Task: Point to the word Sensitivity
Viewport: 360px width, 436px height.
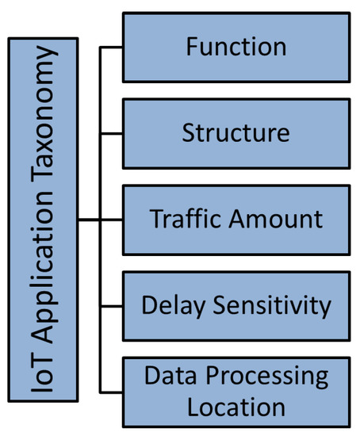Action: [268, 305]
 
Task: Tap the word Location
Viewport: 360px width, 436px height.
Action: [236, 407]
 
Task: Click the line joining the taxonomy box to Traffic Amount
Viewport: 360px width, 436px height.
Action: [95, 220]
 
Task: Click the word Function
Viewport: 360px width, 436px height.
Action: [236, 47]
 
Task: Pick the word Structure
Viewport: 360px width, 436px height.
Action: [236, 132]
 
